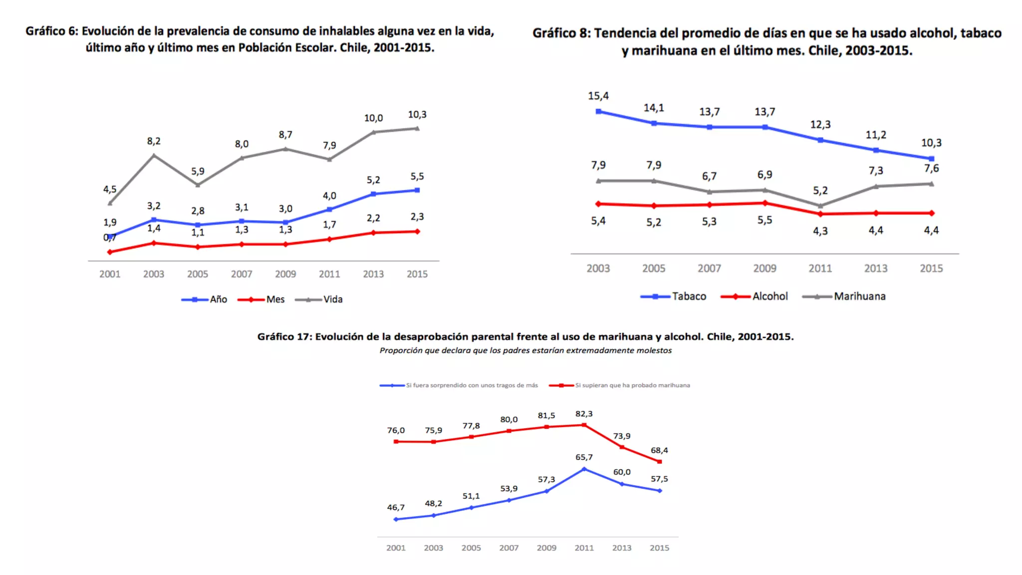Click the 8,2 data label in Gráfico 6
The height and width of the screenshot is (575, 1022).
coord(154,141)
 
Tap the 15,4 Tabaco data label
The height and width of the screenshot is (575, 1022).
coord(598,96)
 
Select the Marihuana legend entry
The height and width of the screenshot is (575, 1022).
coord(859,296)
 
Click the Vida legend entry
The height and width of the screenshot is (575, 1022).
coord(332,299)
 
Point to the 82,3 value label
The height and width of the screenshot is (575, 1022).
coord(584,414)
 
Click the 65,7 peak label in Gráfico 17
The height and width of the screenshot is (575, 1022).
coord(584,457)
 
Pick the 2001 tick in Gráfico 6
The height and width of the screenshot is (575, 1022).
coord(110,274)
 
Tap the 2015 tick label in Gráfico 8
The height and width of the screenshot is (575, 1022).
coord(931,269)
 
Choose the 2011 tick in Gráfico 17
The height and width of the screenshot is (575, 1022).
coord(584,548)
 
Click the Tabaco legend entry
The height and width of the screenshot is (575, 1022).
coord(689,296)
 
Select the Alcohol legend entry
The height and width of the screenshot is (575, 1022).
coord(770,296)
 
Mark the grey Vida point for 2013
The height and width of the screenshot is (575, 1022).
coord(373,132)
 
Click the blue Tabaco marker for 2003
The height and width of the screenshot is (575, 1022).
coord(598,112)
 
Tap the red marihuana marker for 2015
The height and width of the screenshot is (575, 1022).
coord(659,462)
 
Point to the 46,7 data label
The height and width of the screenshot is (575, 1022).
coord(396,507)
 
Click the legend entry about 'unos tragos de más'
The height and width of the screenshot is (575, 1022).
coord(472,385)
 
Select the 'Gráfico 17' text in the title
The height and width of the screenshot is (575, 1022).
coord(284,337)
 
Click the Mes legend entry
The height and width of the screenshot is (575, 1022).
coord(275,299)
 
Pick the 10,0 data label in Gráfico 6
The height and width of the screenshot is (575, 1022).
coord(373,118)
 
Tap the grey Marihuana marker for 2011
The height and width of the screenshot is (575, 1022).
coord(820,206)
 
